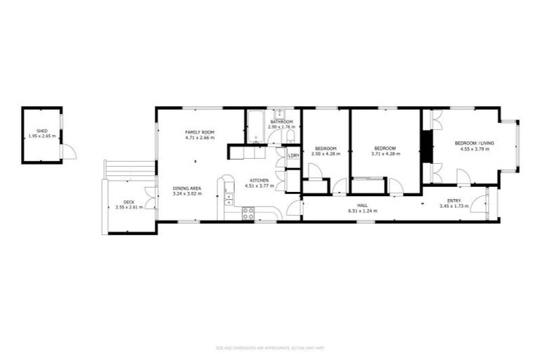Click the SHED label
pyautogui.click(x=42, y=131)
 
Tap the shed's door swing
pyautogui.click(x=68, y=151)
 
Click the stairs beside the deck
pyautogui.click(x=129, y=169)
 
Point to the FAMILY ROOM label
pyautogui.click(x=200, y=132)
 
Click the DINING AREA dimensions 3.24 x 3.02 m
pyautogui.click(x=187, y=193)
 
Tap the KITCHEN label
pyautogui.click(x=257, y=181)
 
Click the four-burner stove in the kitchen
pyautogui.click(x=248, y=214)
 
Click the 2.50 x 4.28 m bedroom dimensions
pyautogui.click(x=326, y=153)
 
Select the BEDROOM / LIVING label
pyautogui.click(x=477, y=143)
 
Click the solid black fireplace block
pyautogui.click(x=425, y=147)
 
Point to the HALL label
pyautogui.click(x=363, y=205)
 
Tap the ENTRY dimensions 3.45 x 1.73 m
pyautogui.click(x=452, y=207)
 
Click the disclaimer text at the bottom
pyautogui.click(x=269, y=347)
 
